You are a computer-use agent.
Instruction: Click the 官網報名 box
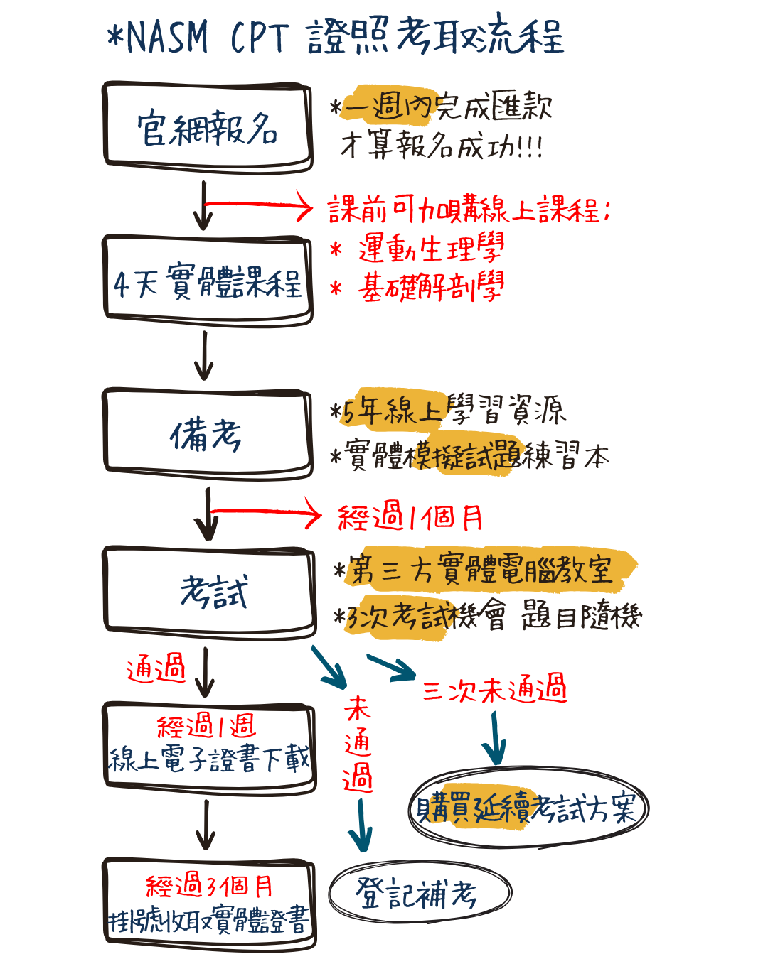(x=208, y=128)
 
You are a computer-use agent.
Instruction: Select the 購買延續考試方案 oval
(x=528, y=808)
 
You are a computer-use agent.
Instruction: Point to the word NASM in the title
(x=167, y=38)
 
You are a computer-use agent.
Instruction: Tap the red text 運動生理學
(x=431, y=249)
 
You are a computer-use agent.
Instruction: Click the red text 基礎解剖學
(x=431, y=288)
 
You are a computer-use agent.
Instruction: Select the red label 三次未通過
(x=494, y=689)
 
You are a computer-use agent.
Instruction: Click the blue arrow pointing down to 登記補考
(x=361, y=824)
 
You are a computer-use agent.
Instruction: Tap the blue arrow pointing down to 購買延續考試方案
(x=494, y=739)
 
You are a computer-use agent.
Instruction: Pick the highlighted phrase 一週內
(x=388, y=107)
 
